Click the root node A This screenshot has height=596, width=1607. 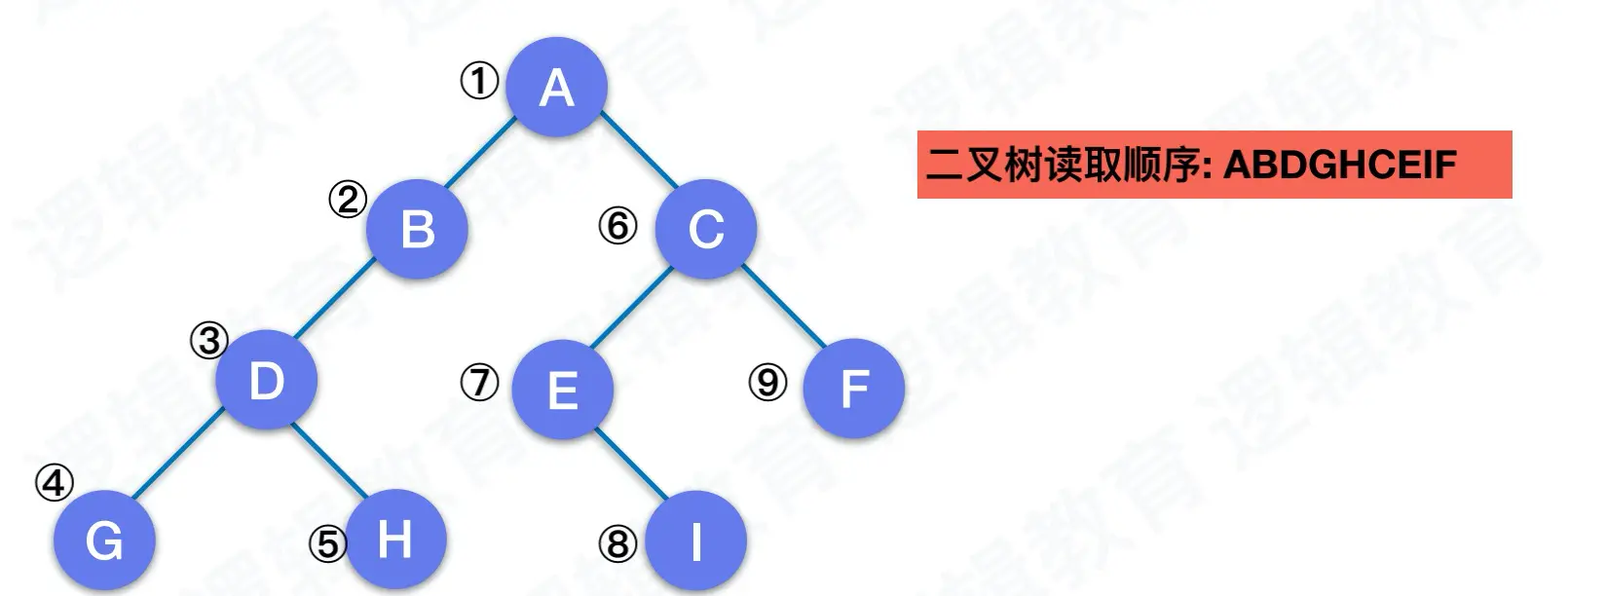557,87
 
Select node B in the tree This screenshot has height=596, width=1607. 418,229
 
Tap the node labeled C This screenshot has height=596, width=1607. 706,229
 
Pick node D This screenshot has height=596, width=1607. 266,380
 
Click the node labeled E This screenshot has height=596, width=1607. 562,390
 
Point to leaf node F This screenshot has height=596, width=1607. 853,388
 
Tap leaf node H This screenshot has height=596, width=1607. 394,539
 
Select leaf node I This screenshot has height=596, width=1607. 695,541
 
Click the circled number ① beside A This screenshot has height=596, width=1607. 478,81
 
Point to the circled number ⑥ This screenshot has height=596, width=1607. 617,226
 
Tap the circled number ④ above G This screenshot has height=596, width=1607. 55,482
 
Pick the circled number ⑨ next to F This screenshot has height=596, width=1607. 767,382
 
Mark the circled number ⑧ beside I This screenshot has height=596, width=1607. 617,543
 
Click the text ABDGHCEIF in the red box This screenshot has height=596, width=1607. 1339,165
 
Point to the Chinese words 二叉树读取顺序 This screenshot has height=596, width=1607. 1064,165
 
